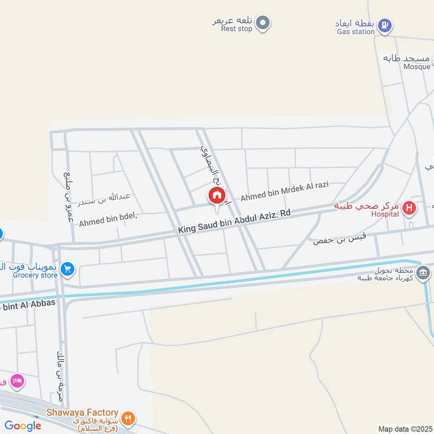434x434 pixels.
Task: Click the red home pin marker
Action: tap(216, 196)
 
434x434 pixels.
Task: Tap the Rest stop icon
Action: tap(263, 23)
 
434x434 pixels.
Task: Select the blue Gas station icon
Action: tap(385, 24)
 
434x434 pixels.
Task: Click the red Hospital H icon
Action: tap(410, 207)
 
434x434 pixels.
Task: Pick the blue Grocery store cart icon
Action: tap(68, 268)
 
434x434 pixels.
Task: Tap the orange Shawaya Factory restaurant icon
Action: tap(129, 418)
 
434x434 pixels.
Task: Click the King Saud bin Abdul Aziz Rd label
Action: tap(234, 222)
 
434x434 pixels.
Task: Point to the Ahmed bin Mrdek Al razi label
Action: tap(284, 191)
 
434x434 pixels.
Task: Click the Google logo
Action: tap(23, 426)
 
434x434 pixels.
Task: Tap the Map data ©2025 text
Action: tap(404, 429)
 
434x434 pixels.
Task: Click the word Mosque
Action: tap(417, 67)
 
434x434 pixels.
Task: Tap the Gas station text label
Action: tap(355, 31)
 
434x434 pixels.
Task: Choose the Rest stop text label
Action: tap(237, 29)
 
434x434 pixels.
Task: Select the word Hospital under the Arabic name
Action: tap(385, 214)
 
